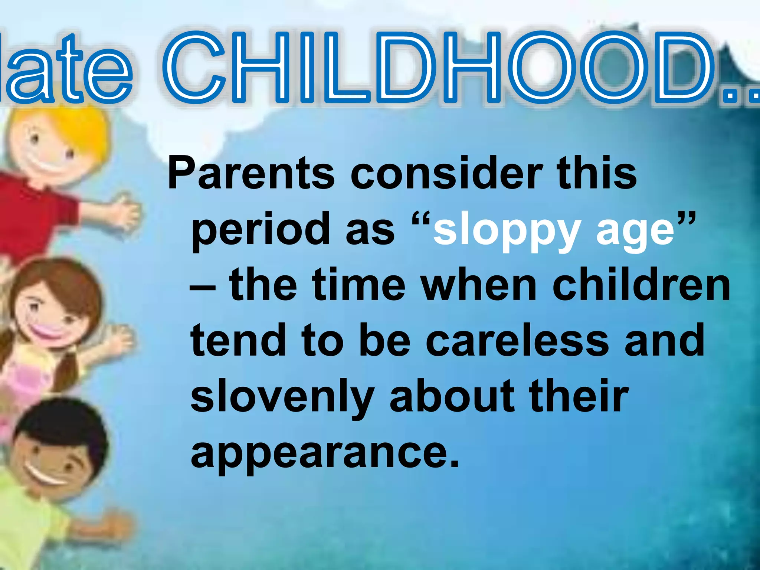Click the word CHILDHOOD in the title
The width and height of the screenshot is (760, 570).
(x=438, y=67)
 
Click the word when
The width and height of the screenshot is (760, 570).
(x=479, y=285)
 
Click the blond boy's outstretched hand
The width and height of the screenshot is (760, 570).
(x=126, y=213)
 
